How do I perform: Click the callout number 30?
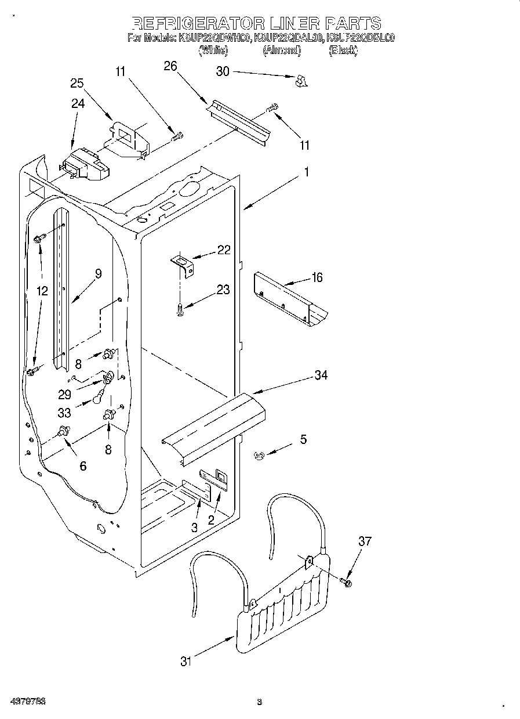223,71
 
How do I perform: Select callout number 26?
170,66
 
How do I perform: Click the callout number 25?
77,83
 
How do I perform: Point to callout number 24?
78,104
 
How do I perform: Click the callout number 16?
317,277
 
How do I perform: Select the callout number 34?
321,375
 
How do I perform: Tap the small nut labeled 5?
259,457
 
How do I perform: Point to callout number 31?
185,661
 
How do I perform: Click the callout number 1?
306,172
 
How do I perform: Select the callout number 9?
98,274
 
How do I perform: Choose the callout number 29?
64,394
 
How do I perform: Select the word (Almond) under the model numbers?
282,50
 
